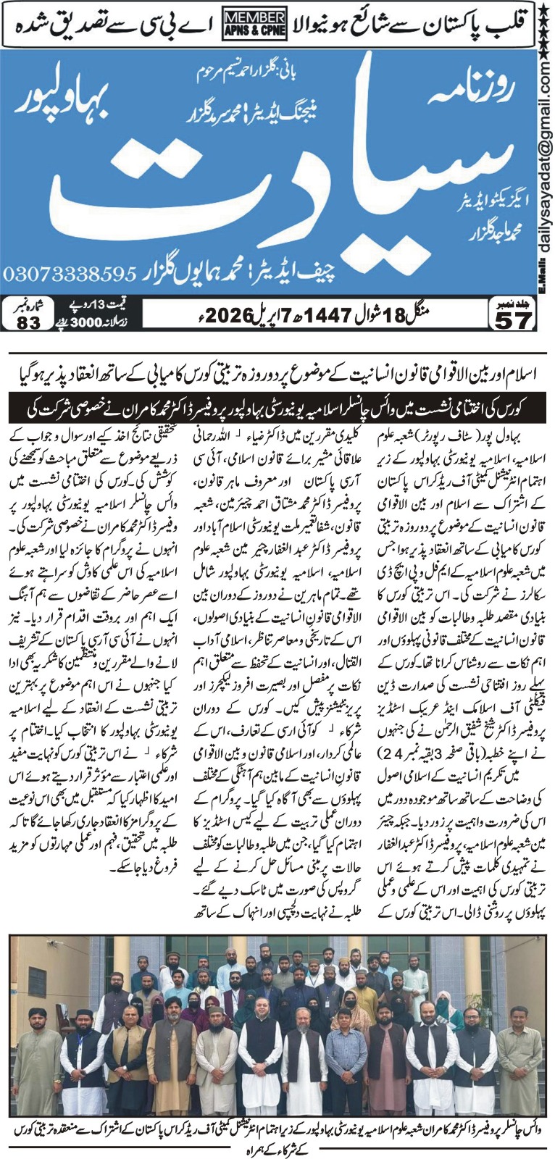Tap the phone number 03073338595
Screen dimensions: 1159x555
tap(70, 275)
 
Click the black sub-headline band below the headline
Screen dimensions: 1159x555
tap(277, 409)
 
